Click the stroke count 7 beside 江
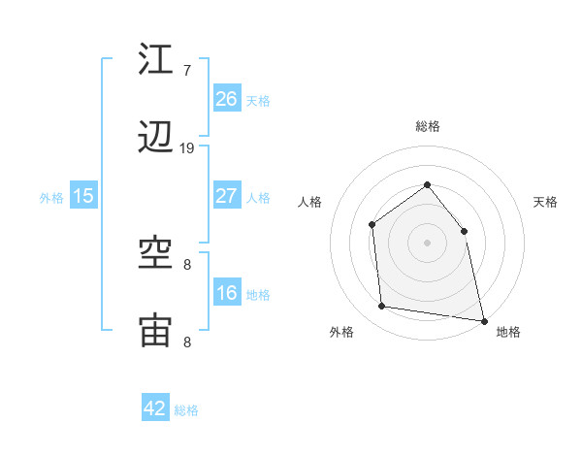pos(187,70)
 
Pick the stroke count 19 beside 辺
pos(187,148)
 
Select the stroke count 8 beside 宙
pos(187,342)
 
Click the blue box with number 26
pos(226,98)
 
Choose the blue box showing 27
pos(226,196)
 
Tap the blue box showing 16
pos(226,293)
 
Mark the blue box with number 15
pos(83,196)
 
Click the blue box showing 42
pos(155,408)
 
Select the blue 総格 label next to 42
pos(186,410)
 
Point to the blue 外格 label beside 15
pos(51,198)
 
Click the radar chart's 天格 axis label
pos(545,202)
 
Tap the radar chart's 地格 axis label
pos(508,332)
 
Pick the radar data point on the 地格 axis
pos(483,320)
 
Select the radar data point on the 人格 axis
pos(372,225)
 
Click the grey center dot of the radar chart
pos(427,243)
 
